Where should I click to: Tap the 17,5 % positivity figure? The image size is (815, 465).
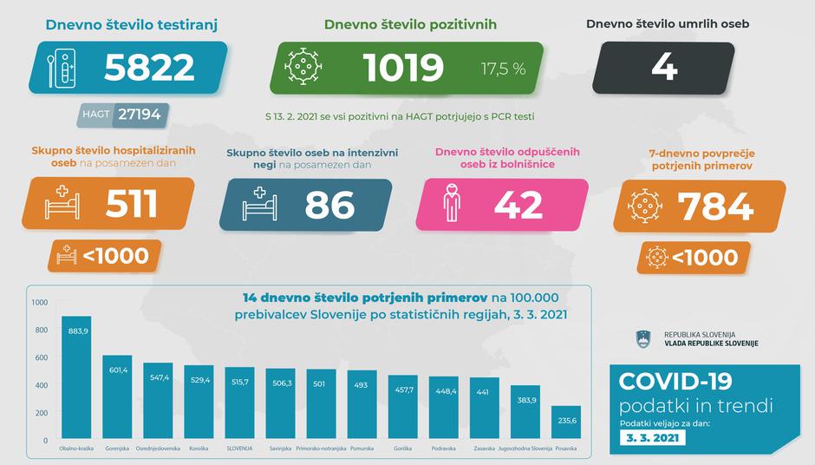tap(504, 69)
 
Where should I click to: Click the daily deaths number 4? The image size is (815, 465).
tap(664, 68)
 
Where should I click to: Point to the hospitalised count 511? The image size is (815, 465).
tap(131, 204)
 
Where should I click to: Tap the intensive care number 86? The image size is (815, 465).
tap(329, 205)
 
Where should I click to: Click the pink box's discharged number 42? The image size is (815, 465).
tap(518, 205)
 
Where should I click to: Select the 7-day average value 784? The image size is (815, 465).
tap(715, 206)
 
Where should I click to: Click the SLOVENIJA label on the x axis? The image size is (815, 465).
tap(239, 449)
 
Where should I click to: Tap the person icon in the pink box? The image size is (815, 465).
tap(449, 205)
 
